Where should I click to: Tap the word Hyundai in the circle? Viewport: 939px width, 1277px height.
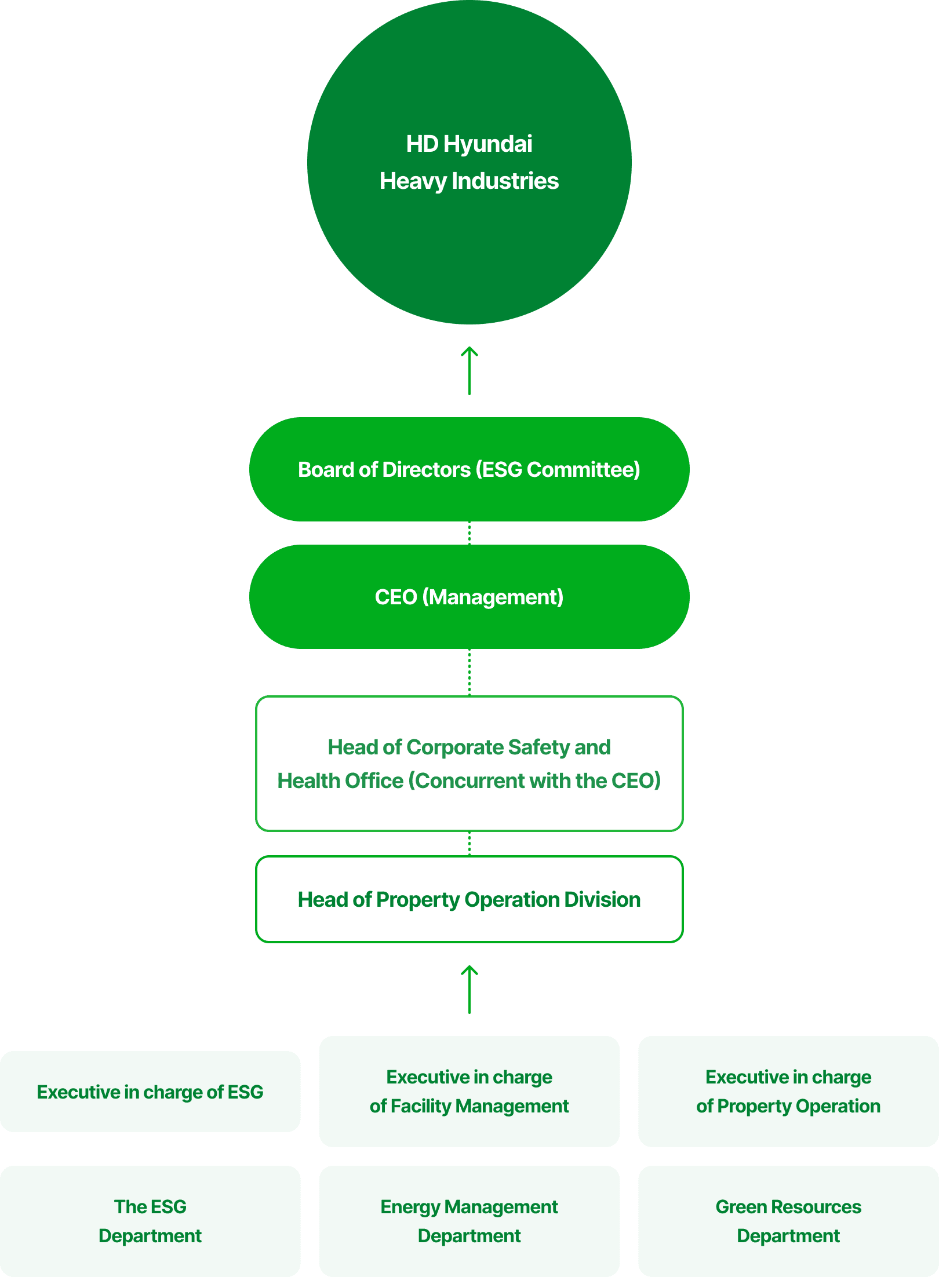point(487,144)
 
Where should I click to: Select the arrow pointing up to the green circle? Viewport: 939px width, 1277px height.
point(469,371)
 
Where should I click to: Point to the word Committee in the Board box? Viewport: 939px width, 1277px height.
point(583,469)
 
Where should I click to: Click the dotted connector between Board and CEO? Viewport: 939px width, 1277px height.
point(469,533)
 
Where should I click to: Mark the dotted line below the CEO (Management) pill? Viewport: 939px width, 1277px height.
point(469,672)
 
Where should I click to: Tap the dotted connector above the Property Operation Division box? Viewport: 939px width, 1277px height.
point(469,844)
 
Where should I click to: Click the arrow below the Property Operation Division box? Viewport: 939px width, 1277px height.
point(469,990)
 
